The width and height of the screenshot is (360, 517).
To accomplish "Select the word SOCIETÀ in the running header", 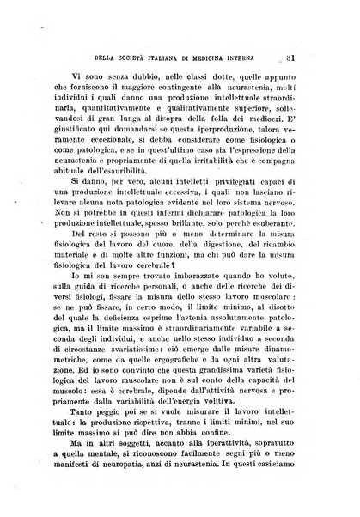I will pos(107,33).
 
